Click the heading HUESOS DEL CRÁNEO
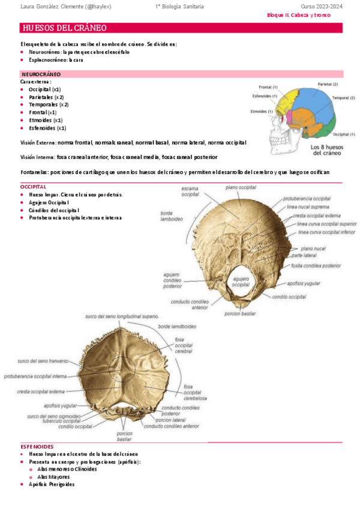(64, 28)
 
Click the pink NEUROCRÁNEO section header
(41, 74)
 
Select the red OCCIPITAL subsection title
(34, 187)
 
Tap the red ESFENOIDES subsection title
(37, 447)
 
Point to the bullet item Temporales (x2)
(49, 104)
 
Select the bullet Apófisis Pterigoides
(52, 484)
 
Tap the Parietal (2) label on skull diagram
(328, 84)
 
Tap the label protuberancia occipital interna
(35, 376)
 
